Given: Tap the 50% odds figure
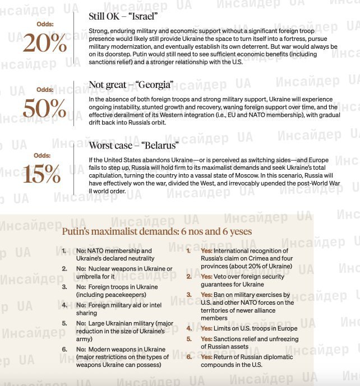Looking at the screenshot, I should click(44, 108).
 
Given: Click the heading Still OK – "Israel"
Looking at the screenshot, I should click(124, 16).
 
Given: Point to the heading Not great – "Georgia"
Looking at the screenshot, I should click(131, 85).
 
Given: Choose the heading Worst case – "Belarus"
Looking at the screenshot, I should click(133, 146).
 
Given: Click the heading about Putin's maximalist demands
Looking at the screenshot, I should click(156, 231).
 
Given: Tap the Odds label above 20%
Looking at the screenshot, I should click(45, 25).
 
